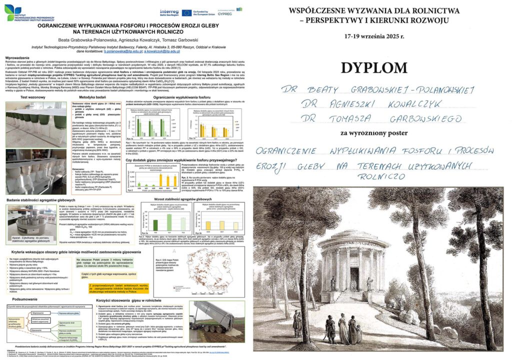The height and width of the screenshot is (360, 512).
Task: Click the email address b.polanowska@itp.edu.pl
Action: [115, 51]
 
